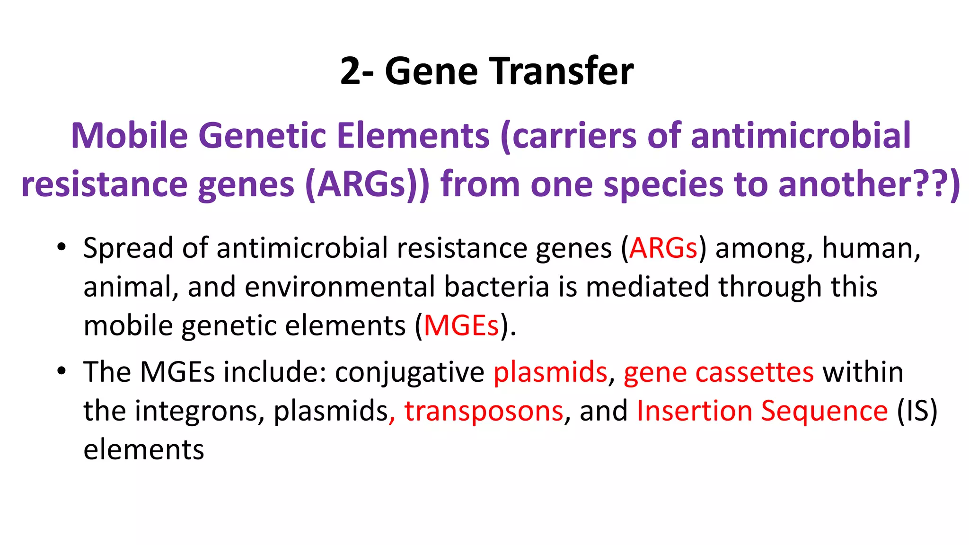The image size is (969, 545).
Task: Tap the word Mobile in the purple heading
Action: (x=129, y=136)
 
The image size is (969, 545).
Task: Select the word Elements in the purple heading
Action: (x=413, y=136)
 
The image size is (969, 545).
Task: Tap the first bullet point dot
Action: (x=61, y=247)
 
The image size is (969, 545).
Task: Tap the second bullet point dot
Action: (x=61, y=371)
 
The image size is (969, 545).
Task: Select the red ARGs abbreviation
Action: (x=663, y=248)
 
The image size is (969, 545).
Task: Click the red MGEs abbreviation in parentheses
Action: (x=461, y=326)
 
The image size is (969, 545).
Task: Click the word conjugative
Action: (x=409, y=372)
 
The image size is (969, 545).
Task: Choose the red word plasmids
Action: (x=550, y=372)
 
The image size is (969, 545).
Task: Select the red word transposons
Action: (x=484, y=411)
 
